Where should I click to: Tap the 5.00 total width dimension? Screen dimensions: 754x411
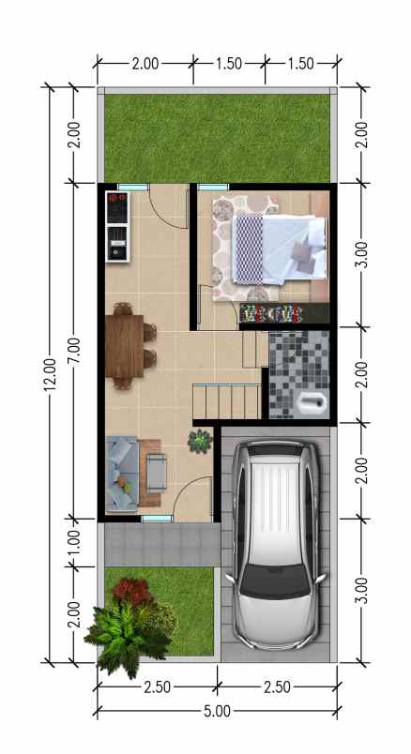(217, 711)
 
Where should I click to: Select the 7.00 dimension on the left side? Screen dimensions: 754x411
(75, 349)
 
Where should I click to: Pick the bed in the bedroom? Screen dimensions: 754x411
(278, 247)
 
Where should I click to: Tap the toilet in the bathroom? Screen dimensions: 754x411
(311, 403)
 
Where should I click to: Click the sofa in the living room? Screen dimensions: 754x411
(122, 475)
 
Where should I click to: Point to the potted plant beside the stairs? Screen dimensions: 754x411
(200, 439)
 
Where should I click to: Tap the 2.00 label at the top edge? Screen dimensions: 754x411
(145, 64)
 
